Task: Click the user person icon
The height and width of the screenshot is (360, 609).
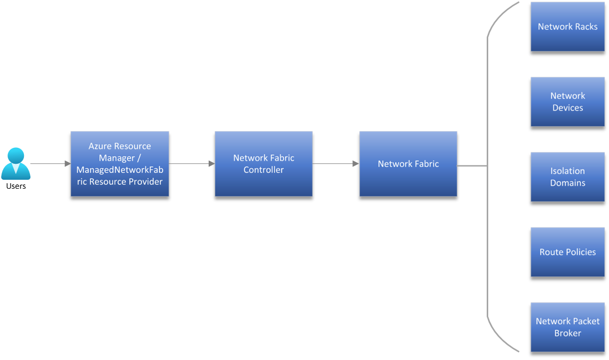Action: [x=15, y=163]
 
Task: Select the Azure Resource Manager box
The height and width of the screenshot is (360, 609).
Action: [x=120, y=164]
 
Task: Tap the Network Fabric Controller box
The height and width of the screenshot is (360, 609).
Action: [x=264, y=164]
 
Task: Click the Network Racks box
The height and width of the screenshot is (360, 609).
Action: [x=568, y=26]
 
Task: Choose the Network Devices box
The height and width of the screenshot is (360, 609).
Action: [x=568, y=101]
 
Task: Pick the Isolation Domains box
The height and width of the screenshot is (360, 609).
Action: [x=568, y=177]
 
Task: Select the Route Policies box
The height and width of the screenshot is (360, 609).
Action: [x=568, y=252]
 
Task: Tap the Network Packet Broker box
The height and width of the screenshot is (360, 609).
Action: [x=568, y=327]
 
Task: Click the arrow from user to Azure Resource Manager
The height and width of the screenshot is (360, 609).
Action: [x=50, y=164]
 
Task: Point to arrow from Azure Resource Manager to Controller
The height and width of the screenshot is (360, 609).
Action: [x=192, y=164]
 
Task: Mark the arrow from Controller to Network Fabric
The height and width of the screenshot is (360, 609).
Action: [x=335, y=164]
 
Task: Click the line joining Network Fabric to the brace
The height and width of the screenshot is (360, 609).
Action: [x=472, y=165]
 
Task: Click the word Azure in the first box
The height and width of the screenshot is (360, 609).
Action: [x=100, y=146]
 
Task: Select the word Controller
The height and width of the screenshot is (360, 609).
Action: [x=264, y=170]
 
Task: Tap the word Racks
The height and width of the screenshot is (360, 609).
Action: [x=586, y=26]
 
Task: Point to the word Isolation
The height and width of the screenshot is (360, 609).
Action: [x=568, y=171]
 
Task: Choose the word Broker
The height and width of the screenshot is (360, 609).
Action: [x=568, y=333]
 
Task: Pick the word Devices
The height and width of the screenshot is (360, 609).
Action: [x=568, y=107]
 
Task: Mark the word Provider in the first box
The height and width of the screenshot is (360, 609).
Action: [x=147, y=182]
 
